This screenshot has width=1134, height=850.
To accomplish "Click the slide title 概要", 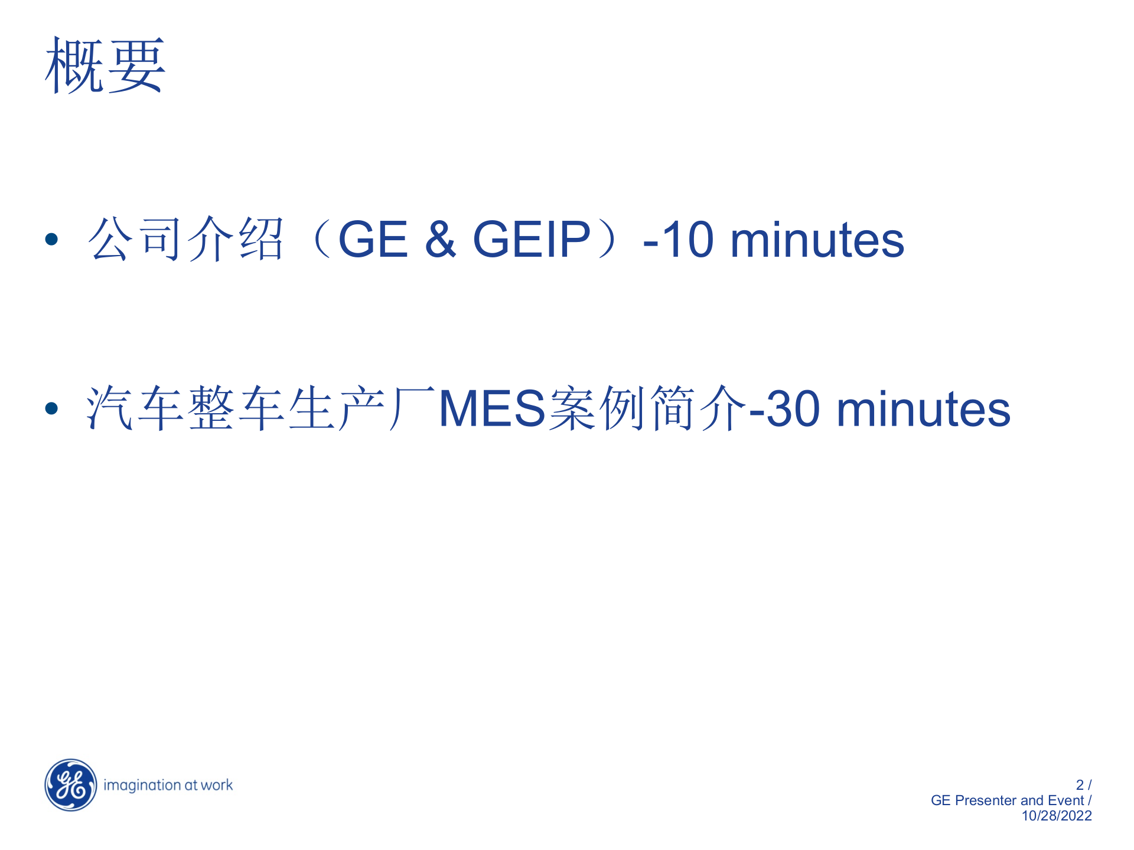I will [105, 65].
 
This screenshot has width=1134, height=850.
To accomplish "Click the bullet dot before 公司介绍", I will [52, 239].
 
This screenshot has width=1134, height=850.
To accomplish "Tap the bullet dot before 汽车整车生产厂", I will [52, 408].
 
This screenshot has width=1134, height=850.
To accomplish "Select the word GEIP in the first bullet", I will [532, 239].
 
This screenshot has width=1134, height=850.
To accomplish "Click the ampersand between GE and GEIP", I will [441, 239].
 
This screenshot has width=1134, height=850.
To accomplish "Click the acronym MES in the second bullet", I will [492, 408].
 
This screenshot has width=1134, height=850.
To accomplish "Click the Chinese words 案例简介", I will [647, 408].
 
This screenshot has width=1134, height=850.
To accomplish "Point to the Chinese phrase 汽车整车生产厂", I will [260, 408].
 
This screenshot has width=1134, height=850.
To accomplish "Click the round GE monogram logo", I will [71, 785].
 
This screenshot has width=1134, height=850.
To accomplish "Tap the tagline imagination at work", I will [168, 785].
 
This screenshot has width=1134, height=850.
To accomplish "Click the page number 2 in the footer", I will [1080, 785].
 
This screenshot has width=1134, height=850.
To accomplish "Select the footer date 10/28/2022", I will [1057, 816].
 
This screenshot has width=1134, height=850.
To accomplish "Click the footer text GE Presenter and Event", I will [1007, 800].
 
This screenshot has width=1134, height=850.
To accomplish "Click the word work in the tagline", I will [217, 785].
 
